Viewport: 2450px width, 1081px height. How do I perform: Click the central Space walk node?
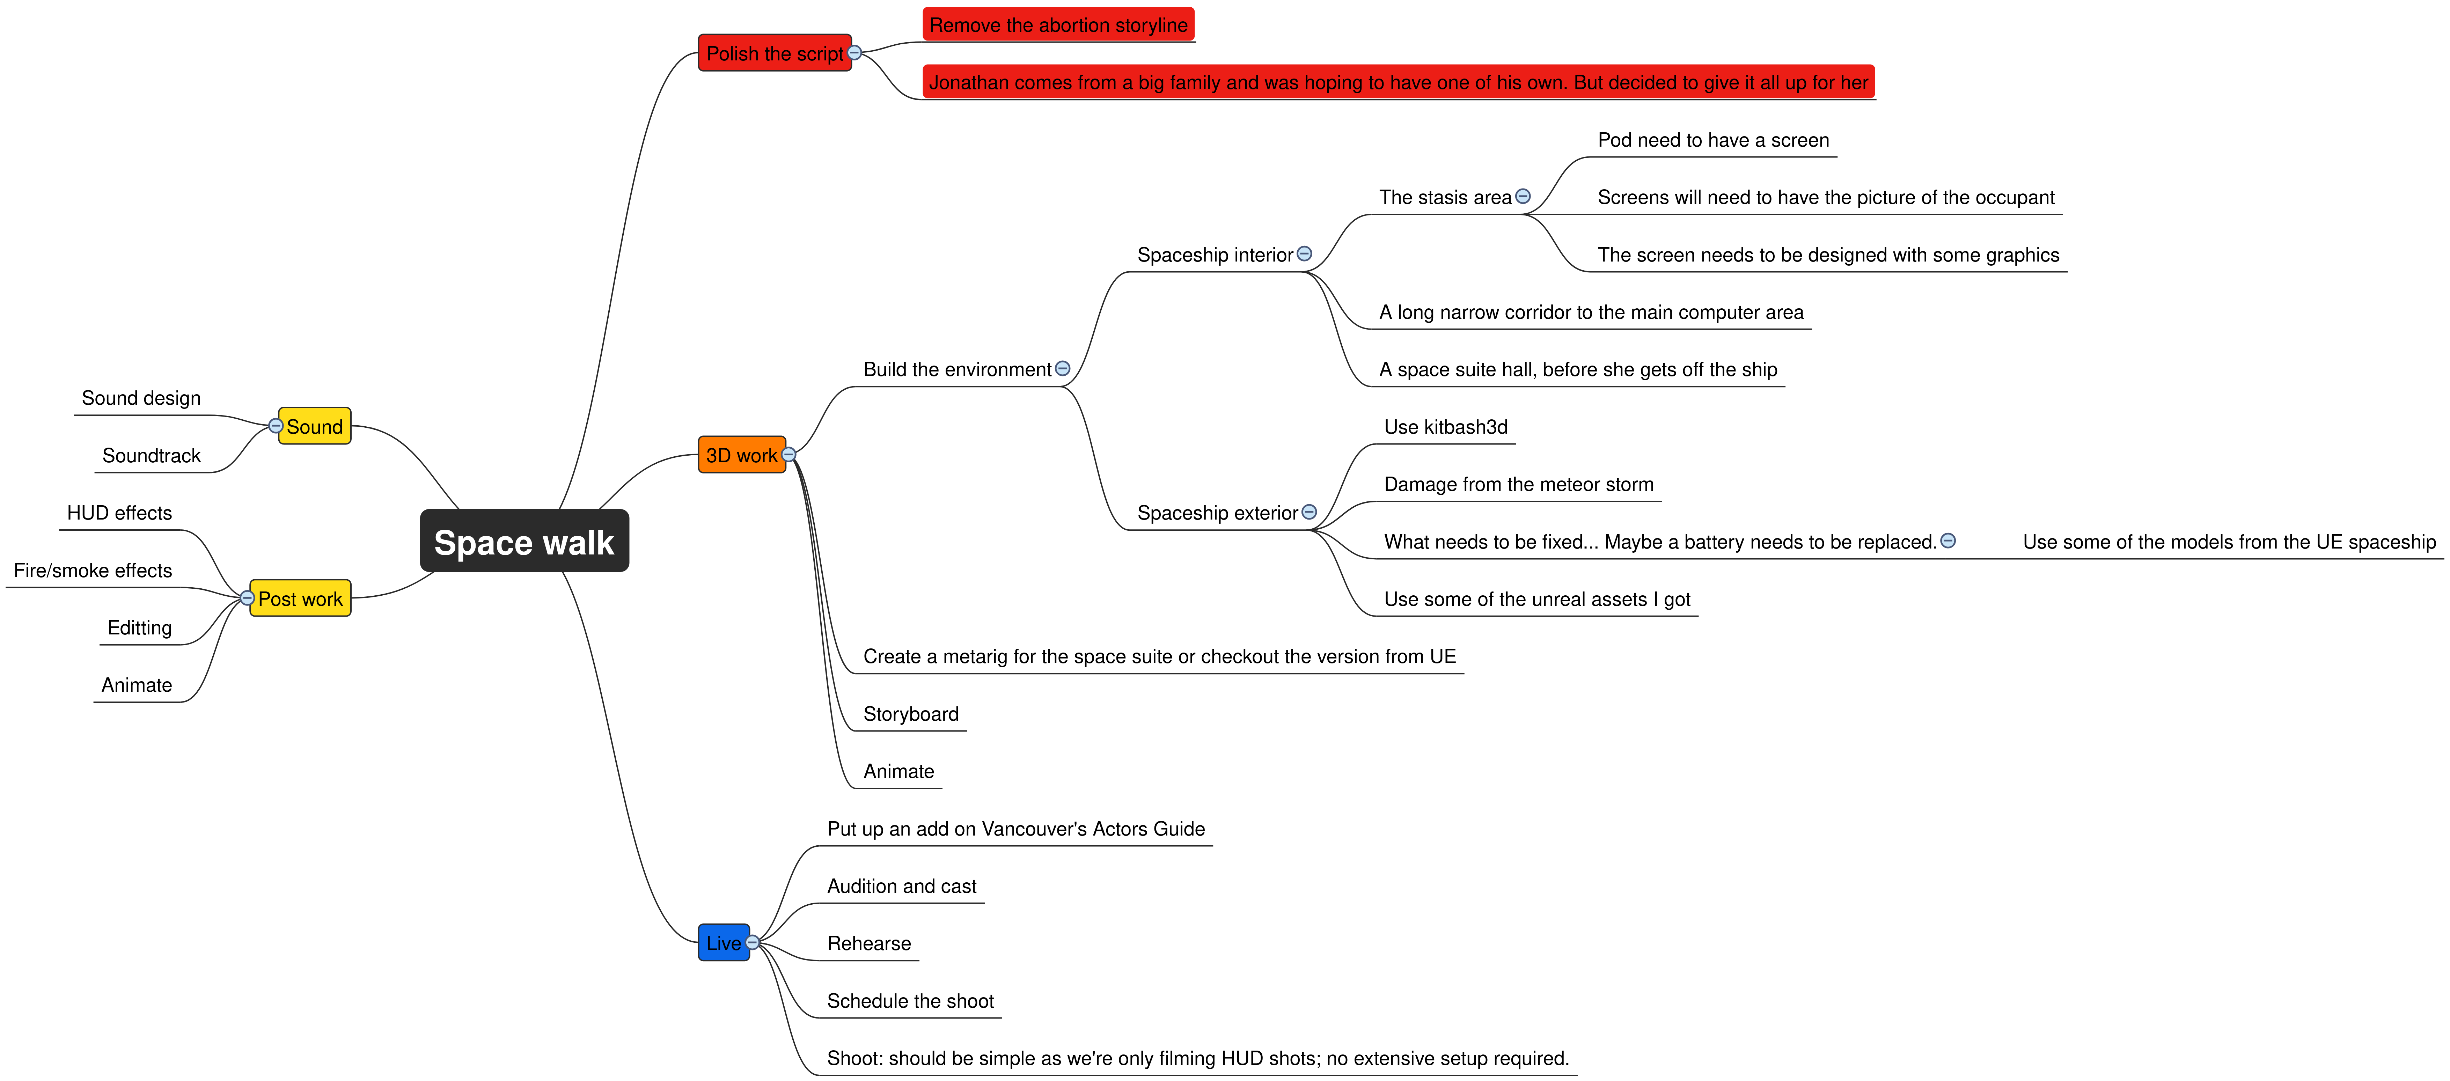[524, 541]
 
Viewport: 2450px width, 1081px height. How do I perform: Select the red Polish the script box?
[774, 53]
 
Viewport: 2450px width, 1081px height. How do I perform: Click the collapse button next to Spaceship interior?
[1305, 254]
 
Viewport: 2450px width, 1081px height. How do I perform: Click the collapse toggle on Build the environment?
[1062, 369]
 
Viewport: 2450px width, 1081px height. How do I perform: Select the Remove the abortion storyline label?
[1058, 25]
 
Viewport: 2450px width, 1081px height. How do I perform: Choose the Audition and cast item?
[902, 886]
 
